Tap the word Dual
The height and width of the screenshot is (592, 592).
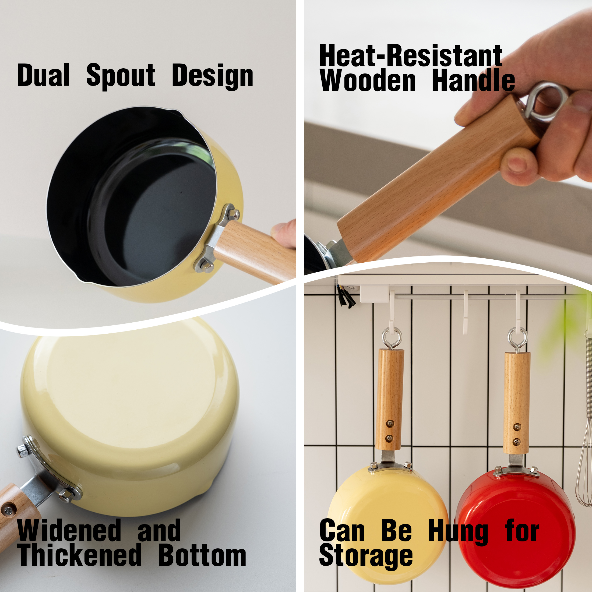click(x=44, y=75)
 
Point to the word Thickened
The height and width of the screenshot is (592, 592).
click(x=79, y=555)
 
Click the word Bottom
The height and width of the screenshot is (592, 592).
click(x=202, y=555)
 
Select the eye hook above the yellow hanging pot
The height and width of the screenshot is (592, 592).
click(x=392, y=338)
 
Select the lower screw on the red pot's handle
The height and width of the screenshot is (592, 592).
click(x=517, y=442)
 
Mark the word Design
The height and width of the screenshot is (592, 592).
click(x=213, y=77)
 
